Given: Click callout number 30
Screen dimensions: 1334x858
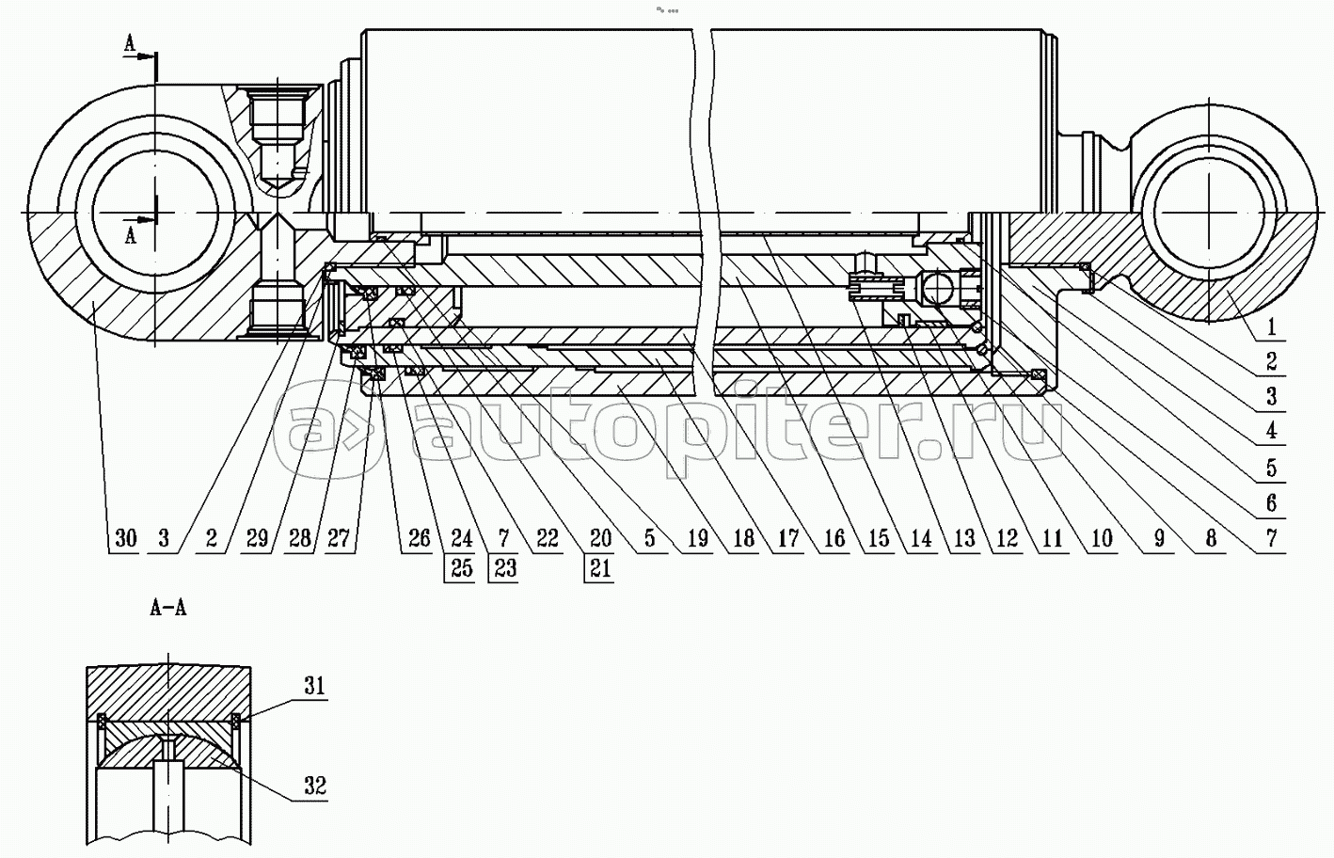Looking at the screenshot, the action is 126,538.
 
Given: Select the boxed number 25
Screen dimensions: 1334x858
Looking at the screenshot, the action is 461,568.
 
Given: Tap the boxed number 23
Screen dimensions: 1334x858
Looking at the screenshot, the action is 505,568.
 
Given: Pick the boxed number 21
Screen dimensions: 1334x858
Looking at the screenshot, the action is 599,568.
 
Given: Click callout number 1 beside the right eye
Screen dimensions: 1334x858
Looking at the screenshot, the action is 1271,326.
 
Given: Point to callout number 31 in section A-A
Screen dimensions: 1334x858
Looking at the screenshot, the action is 314,686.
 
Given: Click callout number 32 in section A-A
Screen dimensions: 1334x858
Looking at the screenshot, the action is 315,786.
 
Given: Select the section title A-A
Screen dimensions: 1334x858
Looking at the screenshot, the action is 168,609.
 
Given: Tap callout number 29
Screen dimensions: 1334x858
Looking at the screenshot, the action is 257,538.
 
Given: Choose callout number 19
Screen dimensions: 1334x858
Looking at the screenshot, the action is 697,538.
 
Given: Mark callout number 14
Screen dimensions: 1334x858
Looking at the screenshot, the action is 922,538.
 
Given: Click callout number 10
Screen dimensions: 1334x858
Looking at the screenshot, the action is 1102,538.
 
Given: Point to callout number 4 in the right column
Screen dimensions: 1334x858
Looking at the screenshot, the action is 1271,430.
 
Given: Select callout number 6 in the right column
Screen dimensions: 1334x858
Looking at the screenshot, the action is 1271,503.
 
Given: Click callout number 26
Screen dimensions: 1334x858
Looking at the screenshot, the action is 420,538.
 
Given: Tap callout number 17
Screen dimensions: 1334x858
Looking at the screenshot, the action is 787,538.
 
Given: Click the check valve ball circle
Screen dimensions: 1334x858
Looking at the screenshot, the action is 937,288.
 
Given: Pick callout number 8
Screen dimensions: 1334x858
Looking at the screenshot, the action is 1211,538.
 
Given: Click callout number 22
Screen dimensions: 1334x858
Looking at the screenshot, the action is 547,538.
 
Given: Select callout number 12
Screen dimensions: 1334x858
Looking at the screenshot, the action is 1007,538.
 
